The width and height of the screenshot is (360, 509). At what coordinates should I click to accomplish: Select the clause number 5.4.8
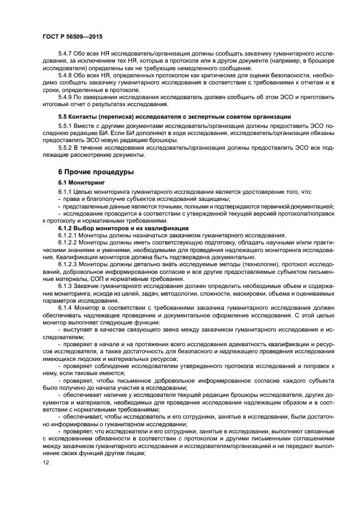tap(66, 76)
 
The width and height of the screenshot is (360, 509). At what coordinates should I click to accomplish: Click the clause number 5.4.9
tap(66, 96)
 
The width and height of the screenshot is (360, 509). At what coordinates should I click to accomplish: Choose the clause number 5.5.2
tap(66, 148)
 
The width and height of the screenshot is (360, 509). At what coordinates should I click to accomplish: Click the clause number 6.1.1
tap(66, 192)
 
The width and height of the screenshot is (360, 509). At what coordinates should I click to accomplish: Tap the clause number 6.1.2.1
tap(69, 235)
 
